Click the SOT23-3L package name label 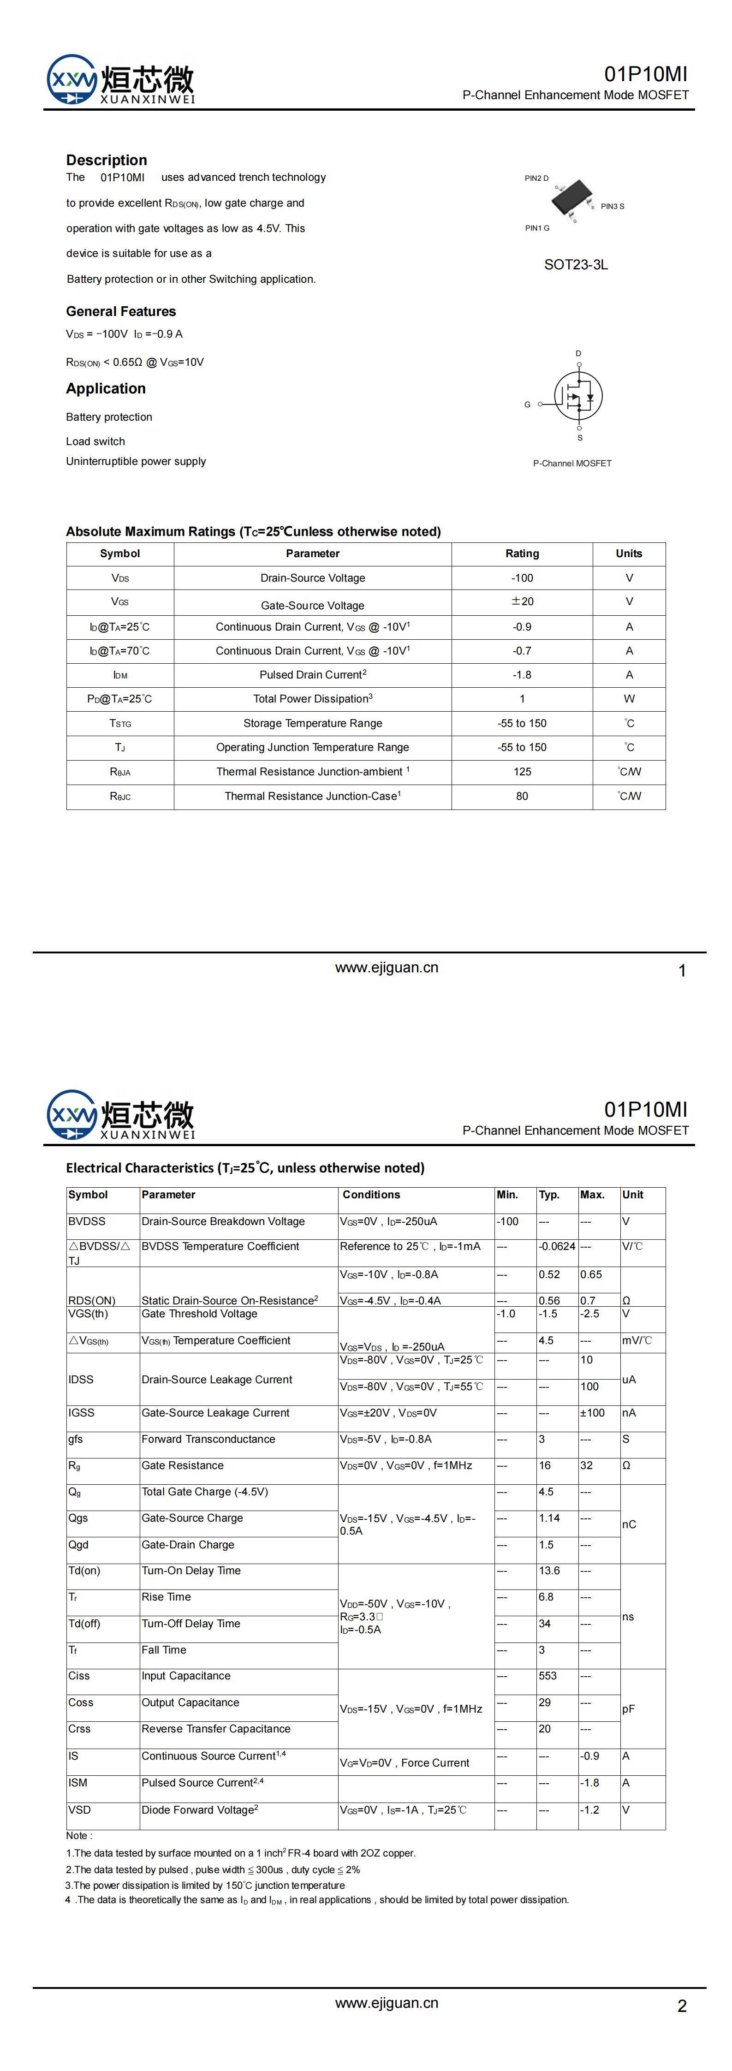(576, 264)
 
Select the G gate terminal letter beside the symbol (528, 405)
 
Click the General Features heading (121, 311)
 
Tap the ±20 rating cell (522, 601)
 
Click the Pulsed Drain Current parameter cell (312, 674)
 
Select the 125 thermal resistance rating (522, 772)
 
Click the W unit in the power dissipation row (629, 699)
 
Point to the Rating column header (522, 553)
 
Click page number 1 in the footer (682, 970)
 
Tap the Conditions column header (371, 1195)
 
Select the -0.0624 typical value (557, 1246)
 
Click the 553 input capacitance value (548, 1675)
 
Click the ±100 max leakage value (592, 1412)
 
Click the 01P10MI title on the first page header (646, 74)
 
